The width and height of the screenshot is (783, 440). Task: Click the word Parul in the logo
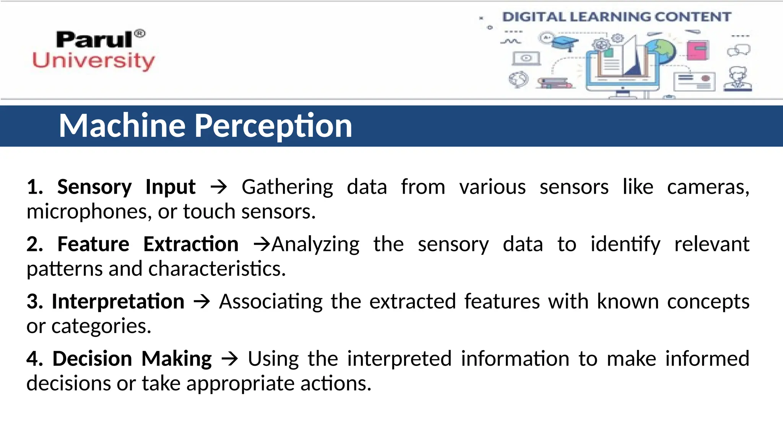click(94, 40)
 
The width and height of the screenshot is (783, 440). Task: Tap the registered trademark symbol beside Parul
click(140, 34)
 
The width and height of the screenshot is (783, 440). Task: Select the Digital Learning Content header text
click(616, 17)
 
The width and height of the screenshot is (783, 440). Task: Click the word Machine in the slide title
click(122, 126)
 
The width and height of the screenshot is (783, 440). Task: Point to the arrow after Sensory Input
click(219, 187)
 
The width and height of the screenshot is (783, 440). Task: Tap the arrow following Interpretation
click(202, 302)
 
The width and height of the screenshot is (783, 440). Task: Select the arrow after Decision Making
click(230, 359)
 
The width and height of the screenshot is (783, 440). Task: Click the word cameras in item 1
click(707, 187)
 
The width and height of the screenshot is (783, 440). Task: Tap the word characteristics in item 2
click(217, 269)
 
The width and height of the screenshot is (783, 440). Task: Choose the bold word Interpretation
click(118, 302)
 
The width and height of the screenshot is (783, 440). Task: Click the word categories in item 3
click(101, 327)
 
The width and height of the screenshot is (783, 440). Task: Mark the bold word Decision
click(92, 359)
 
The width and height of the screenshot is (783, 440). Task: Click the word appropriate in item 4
click(240, 383)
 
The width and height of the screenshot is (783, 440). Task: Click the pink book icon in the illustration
click(697, 50)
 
